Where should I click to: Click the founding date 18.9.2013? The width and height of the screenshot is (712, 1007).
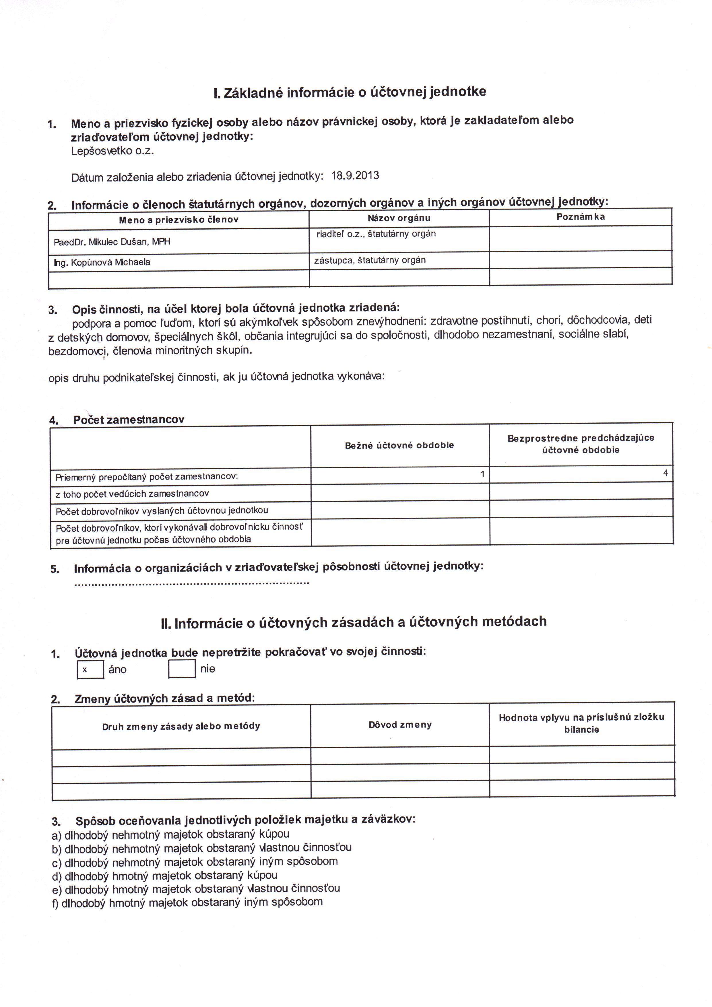[x=355, y=176]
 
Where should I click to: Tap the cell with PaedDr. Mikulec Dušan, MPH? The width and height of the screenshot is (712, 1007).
[x=112, y=242]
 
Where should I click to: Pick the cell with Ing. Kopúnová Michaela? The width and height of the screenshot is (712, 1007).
[x=102, y=262]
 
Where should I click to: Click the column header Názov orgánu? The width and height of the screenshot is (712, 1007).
[x=399, y=218]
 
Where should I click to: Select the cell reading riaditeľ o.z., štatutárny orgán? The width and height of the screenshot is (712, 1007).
[x=376, y=234]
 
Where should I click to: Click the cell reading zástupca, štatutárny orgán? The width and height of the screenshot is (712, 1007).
[x=370, y=260]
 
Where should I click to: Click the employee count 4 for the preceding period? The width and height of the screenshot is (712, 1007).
[x=666, y=473]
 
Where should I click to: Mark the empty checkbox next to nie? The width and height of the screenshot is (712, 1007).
[x=182, y=669]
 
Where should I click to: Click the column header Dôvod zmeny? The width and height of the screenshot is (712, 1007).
[x=400, y=725]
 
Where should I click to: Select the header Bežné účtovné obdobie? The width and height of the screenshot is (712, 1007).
[x=399, y=445]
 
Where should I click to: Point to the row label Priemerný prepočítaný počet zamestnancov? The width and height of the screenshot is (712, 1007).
[x=147, y=477]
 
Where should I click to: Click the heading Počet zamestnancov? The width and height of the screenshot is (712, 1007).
[x=129, y=420]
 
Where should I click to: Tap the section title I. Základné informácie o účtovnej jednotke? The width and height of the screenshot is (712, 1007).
[x=350, y=92]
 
